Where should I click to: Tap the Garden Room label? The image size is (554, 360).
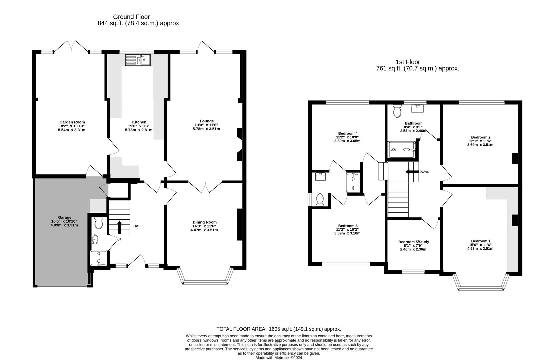[72, 122]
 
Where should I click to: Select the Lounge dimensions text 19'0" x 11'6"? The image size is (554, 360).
[206, 125]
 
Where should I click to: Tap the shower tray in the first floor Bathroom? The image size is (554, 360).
[402, 150]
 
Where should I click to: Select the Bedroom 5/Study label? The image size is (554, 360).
[413, 242]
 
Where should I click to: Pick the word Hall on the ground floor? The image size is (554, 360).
[137, 226]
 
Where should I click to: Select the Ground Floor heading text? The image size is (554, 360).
[131, 17]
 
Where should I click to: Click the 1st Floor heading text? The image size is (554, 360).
[408, 62]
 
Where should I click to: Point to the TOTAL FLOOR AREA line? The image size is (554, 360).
[279, 329]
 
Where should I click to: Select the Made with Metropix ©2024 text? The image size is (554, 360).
[279, 358]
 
